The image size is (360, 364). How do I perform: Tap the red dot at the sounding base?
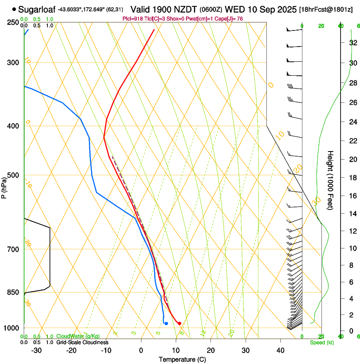click(x=180, y=323)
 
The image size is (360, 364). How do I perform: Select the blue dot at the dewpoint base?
click(x=166, y=323)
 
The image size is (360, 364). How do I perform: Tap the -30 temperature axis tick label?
click(x=37, y=350)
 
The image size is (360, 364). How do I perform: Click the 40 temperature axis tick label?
click(x=280, y=350)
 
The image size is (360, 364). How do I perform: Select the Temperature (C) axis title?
click(x=182, y=359)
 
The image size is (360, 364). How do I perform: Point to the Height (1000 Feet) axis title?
click(x=330, y=180)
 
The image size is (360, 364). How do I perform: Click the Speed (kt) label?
click(x=322, y=342)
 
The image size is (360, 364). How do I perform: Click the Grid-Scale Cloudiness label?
click(x=82, y=342)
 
